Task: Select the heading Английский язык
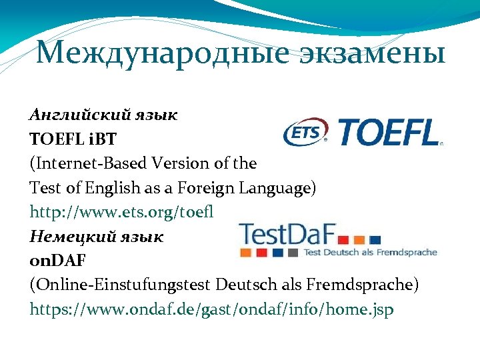click(x=103, y=114)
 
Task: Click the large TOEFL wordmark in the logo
click(x=389, y=132)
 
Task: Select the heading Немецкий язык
click(x=96, y=236)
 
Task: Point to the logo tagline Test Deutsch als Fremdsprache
click(x=370, y=253)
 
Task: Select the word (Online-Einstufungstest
click(x=120, y=285)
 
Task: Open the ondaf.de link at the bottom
click(x=211, y=310)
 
